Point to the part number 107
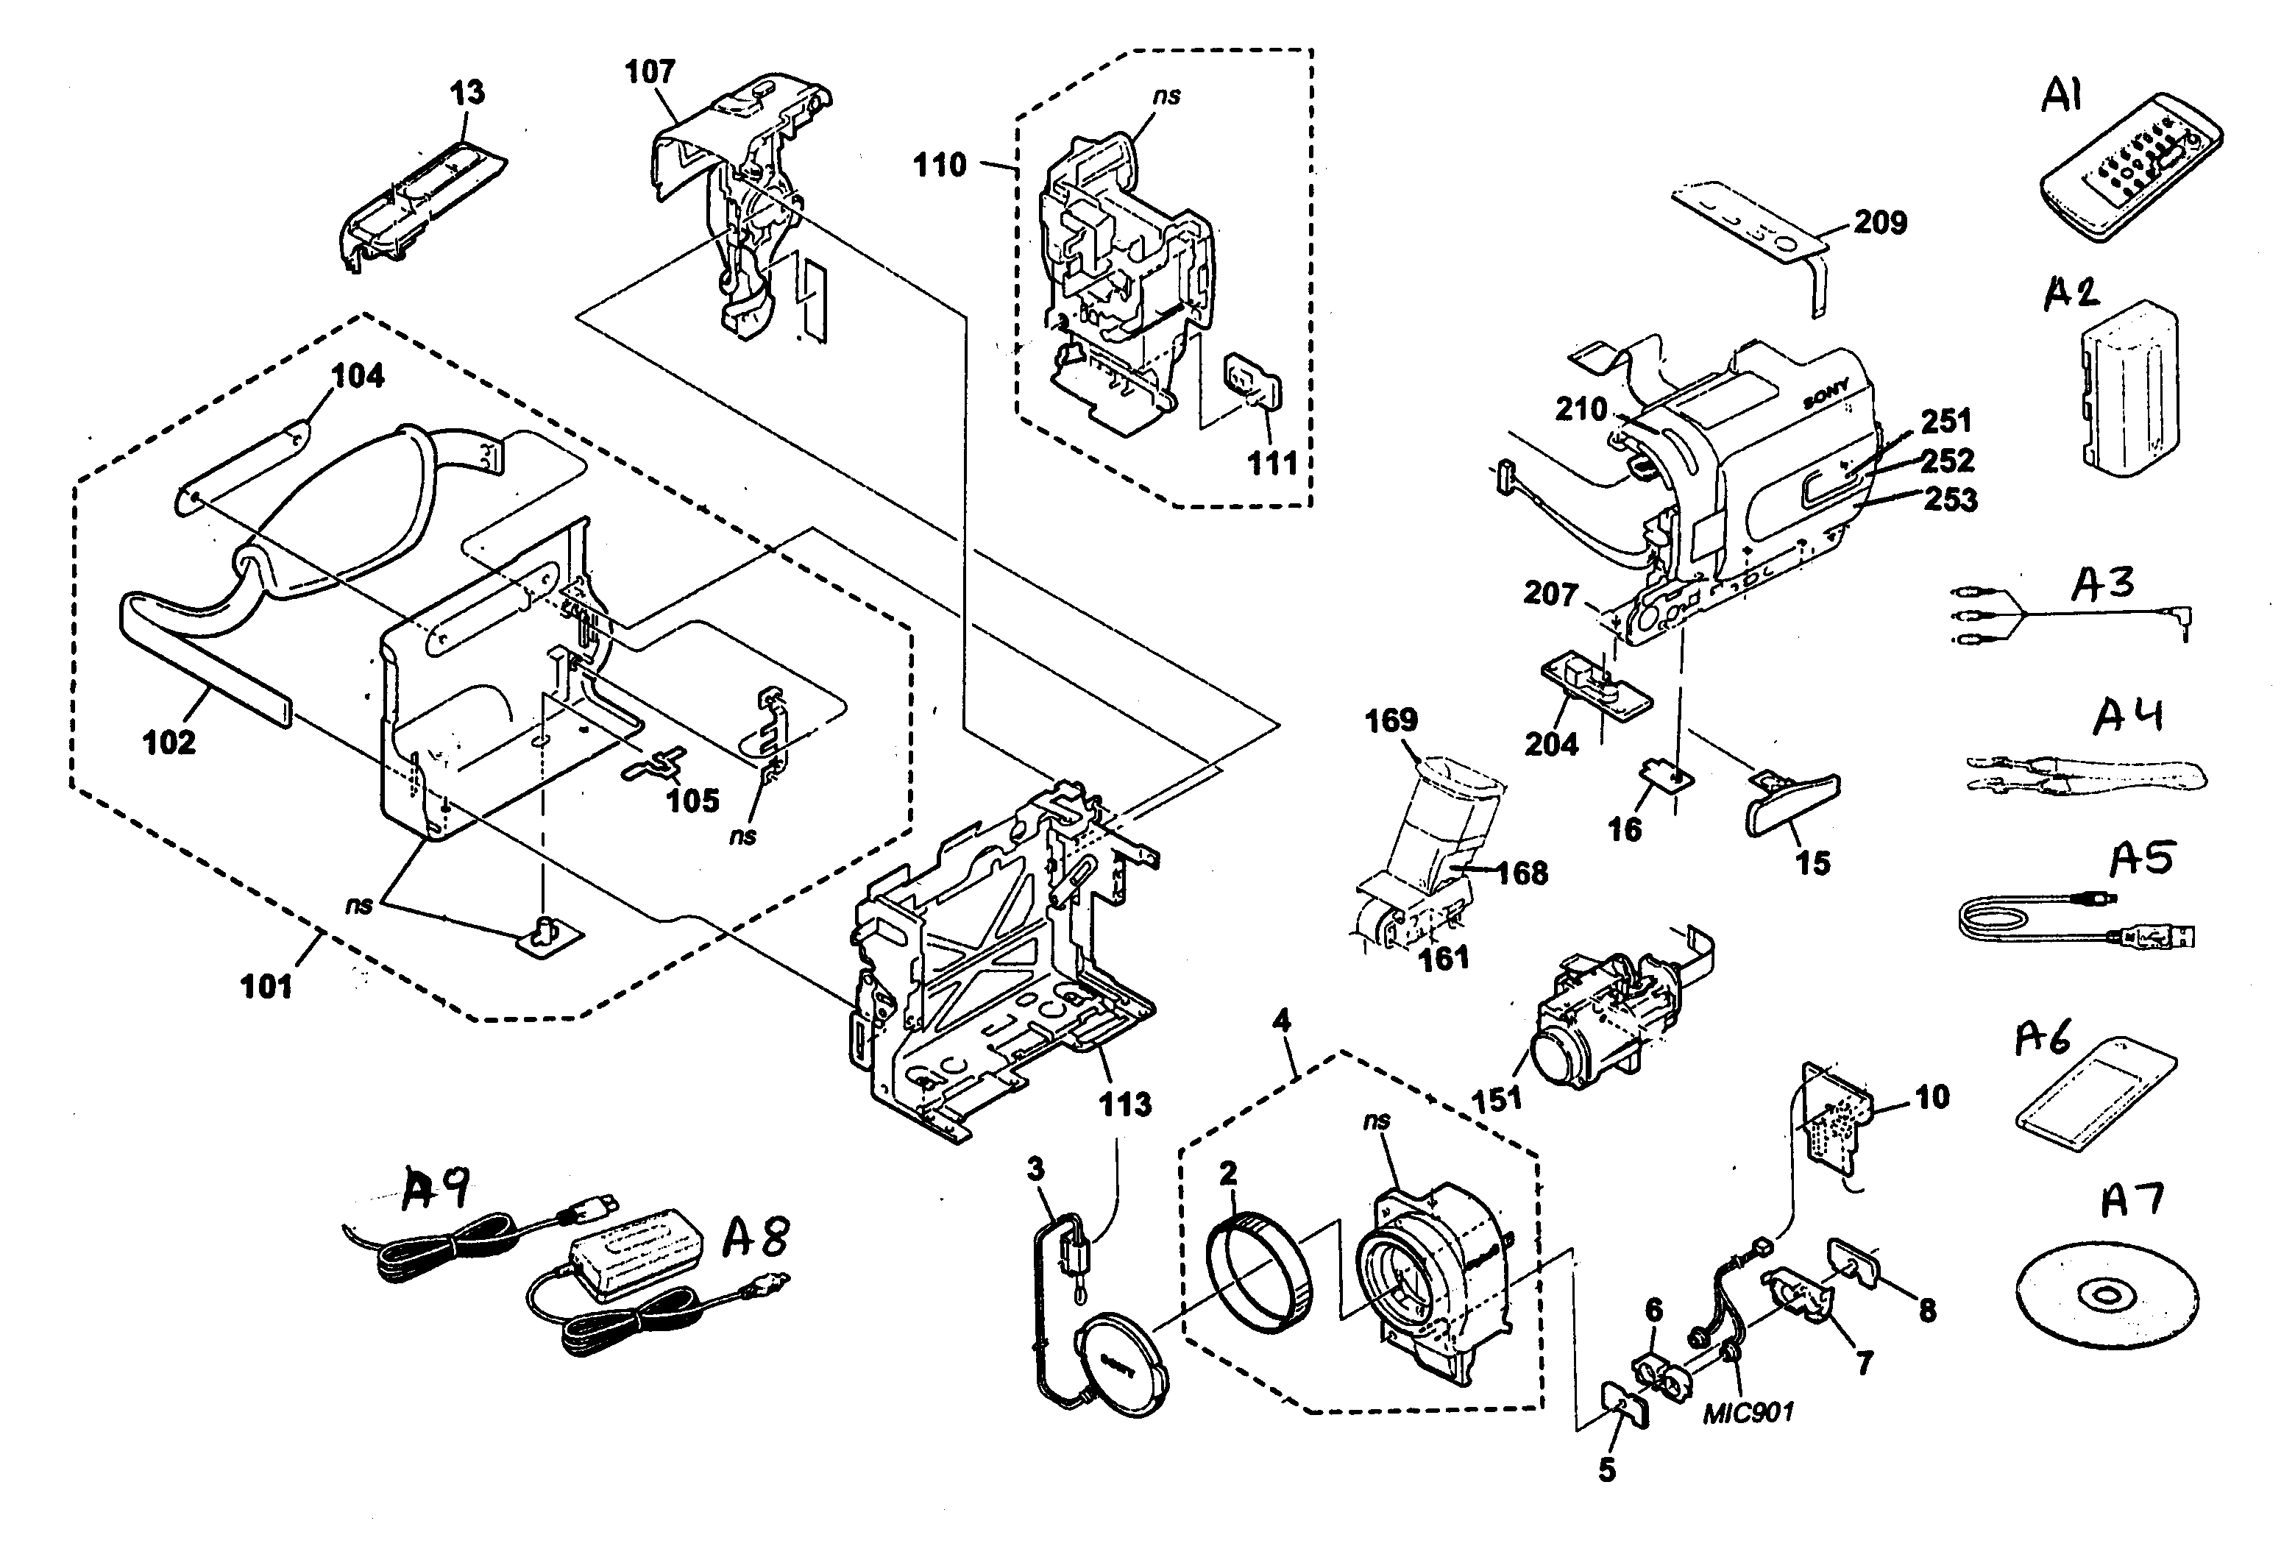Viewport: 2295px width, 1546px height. coord(650,72)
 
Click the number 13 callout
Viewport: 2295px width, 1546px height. coord(467,93)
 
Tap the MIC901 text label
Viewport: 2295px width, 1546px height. coord(1748,1413)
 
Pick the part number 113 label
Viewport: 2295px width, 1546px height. coord(1125,1104)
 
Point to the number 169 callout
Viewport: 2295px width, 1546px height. coord(1391,720)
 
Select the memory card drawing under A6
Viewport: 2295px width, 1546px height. coord(2094,1093)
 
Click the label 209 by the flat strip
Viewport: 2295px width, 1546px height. coord(1880,223)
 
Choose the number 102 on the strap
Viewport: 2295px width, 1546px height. coord(169,742)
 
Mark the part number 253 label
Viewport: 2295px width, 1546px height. coord(1951,500)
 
